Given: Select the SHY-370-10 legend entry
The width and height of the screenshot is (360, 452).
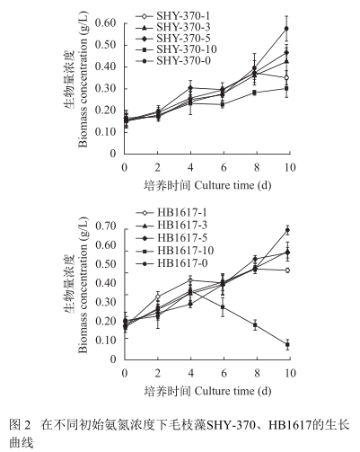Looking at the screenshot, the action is [x=176, y=49].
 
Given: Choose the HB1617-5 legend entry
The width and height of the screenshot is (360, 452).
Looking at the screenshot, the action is [x=171, y=238].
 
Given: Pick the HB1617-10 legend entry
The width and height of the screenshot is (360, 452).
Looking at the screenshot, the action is [x=175, y=251].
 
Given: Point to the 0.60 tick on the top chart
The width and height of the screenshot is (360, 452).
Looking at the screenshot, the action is [x=106, y=23].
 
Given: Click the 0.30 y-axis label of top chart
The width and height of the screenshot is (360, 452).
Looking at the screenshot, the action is [x=106, y=89].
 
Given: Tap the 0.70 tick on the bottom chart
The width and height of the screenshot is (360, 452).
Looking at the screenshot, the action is [x=106, y=226].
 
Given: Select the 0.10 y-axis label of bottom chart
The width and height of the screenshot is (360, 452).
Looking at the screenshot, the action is [x=106, y=340].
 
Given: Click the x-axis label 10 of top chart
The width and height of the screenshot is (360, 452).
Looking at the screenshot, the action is [x=289, y=167].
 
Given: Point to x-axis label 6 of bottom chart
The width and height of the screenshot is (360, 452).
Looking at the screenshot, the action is [x=224, y=374].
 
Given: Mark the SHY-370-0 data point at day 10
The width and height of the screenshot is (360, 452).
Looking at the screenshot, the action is [x=286, y=29].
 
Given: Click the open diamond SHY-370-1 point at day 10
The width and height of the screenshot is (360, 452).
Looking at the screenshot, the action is [x=286, y=78].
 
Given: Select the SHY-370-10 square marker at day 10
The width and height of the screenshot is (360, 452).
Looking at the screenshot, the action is [x=286, y=89].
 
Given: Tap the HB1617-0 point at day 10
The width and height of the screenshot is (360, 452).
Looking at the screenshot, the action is [x=287, y=230].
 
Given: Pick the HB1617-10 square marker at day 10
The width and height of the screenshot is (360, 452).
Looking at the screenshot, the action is [x=287, y=345].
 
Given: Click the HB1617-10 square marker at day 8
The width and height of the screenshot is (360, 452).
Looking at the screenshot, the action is [x=255, y=325].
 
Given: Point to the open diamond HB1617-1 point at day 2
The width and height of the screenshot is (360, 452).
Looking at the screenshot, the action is [x=158, y=297].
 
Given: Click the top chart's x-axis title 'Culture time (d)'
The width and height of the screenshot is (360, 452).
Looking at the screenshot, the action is [x=233, y=186].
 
